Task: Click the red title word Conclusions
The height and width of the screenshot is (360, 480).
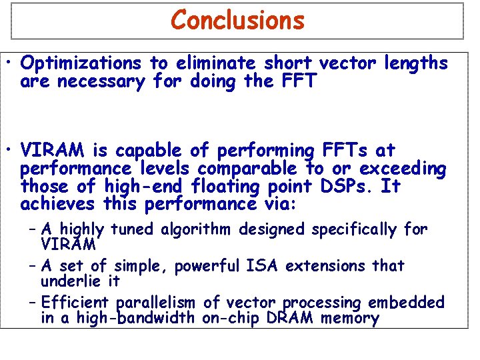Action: click(x=237, y=20)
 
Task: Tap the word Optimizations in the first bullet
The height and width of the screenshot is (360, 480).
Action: click(x=81, y=63)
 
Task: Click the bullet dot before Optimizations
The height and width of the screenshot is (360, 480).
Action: click(x=13, y=65)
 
